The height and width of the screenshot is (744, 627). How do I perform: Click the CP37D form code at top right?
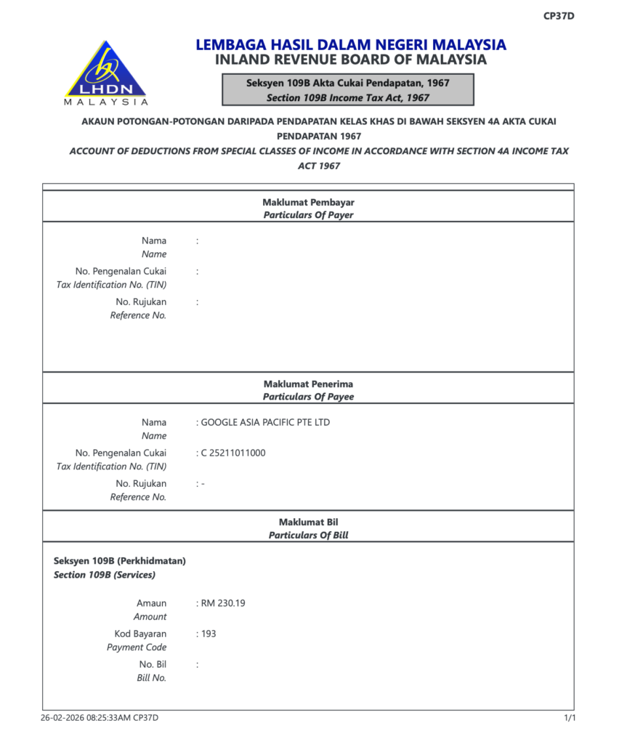pyautogui.click(x=559, y=16)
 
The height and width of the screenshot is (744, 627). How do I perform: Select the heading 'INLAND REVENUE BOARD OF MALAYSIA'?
pyautogui.click(x=350, y=60)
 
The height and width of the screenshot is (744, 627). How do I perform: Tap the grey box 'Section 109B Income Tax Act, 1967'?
pyautogui.click(x=348, y=90)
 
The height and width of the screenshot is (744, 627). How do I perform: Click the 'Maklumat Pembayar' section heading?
pyautogui.click(x=308, y=202)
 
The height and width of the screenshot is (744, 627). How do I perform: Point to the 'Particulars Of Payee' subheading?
pyautogui.click(x=308, y=397)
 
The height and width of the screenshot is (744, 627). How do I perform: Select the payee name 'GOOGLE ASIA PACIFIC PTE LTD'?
pyautogui.click(x=264, y=422)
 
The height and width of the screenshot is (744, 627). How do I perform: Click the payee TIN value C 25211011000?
pyautogui.click(x=232, y=453)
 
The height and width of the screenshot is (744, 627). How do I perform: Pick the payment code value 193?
pyautogui.click(x=209, y=634)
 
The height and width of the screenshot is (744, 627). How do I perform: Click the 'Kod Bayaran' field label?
pyautogui.click(x=140, y=634)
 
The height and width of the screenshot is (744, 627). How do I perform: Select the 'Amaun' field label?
pyautogui.click(x=151, y=603)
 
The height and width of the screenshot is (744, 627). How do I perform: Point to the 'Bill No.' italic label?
pyautogui.click(x=152, y=678)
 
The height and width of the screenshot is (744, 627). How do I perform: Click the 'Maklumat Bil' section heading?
pyautogui.click(x=308, y=522)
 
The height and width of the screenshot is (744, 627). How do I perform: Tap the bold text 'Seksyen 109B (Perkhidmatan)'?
pyautogui.click(x=120, y=561)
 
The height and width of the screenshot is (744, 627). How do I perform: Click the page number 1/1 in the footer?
pyautogui.click(x=570, y=718)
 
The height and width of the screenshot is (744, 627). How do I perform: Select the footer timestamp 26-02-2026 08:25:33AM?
pyautogui.click(x=85, y=718)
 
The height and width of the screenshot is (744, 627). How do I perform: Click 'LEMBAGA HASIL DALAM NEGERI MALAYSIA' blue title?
pyautogui.click(x=350, y=44)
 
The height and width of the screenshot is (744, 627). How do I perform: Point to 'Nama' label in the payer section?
pyautogui.click(x=153, y=240)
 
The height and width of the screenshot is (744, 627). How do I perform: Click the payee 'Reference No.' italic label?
pyautogui.click(x=138, y=497)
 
